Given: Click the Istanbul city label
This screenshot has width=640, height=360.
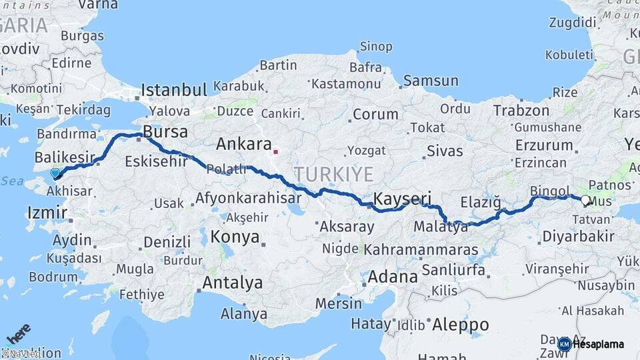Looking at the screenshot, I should pyautogui.click(x=174, y=91).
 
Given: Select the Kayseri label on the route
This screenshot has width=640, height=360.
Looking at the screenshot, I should pyautogui.click(x=403, y=199).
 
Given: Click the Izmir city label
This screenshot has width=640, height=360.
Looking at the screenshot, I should pyautogui.click(x=47, y=213).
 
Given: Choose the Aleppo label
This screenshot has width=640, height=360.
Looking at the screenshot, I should pyautogui.click(x=460, y=325).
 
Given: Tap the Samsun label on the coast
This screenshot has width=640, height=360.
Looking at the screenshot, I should pyautogui.click(x=431, y=81).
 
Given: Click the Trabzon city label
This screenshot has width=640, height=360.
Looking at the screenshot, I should pyautogui.click(x=521, y=111).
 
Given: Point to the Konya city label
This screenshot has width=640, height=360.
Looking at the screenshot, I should pyautogui.click(x=235, y=237).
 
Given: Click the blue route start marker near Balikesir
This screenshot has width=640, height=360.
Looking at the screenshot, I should pyautogui.click(x=55, y=173).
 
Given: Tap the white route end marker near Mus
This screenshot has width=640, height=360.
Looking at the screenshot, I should pyautogui.click(x=585, y=200).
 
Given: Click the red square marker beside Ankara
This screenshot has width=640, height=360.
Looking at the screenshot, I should pyautogui.click(x=276, y=151).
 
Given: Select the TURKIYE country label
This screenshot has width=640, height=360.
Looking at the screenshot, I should pyautogui.click(x=333, y=175).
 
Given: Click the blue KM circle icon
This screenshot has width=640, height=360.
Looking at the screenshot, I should pyautogui.click(x=564, y=344).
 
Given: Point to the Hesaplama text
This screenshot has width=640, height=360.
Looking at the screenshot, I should pyautogui.click(x=598, y=345).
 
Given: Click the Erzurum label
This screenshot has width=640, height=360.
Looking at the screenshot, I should pyautogui.click(x=544, y=145).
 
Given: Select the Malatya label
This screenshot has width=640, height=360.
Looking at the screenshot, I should pyautogui.click(x=441, y=227).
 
